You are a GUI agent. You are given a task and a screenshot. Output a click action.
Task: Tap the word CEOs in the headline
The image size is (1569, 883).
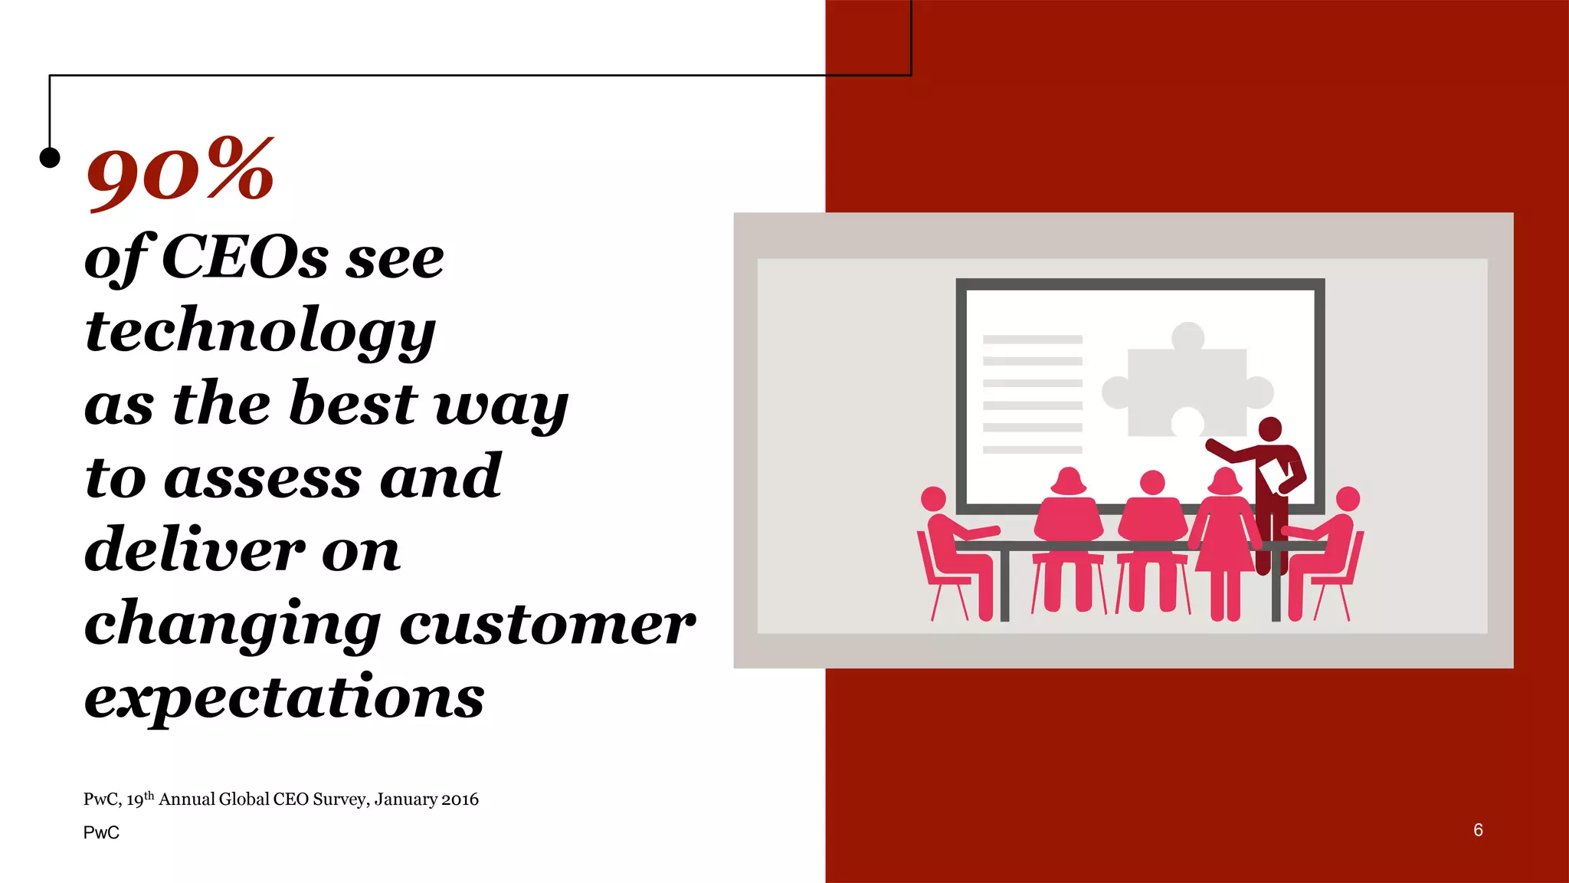(x=244, y=258)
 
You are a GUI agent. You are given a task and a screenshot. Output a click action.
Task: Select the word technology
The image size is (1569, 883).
(x=260, y=330)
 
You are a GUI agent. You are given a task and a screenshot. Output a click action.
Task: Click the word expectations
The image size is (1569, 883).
(x=284, y=698)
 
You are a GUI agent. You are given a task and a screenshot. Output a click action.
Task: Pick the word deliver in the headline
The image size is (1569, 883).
(x=195, y=550)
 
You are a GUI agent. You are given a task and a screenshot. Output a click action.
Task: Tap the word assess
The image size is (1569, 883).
(x=262, y=477)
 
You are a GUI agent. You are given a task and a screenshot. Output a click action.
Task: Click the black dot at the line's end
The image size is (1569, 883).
(x=50, y=157)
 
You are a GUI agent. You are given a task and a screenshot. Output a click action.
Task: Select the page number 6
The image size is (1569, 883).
(x=1478, y=830)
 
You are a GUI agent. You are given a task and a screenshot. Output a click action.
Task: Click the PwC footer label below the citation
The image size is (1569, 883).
(x=101, y=832)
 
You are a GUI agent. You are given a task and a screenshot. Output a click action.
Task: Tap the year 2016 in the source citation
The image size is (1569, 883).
(x=460, y=799)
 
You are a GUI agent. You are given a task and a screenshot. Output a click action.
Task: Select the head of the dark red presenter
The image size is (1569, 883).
(x=1269, y=429)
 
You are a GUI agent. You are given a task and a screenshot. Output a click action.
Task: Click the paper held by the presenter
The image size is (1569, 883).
(x=1275, y=474)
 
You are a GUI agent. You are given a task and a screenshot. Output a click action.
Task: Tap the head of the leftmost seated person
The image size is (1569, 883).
(x=933, y=498)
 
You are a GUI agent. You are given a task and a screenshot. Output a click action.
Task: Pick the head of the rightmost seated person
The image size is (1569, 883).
(x=1348, y=498)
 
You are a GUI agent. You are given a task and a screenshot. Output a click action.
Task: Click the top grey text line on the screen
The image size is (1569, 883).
(x=1032, y=339)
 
